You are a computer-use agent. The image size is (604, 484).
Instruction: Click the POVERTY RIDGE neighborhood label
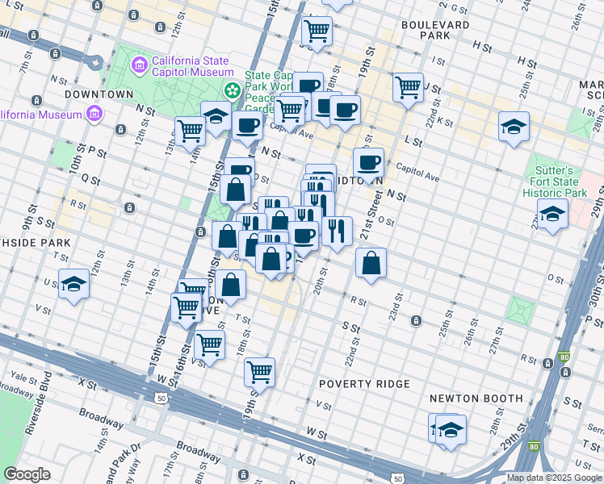click(364, 384)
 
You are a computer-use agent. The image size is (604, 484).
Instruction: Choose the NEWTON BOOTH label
click(476, 398)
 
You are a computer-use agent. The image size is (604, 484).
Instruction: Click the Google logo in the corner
click(27, 474)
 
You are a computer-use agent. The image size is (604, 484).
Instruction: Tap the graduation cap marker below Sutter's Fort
click(552, 214)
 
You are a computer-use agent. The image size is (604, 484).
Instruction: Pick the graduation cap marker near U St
click(73, 283)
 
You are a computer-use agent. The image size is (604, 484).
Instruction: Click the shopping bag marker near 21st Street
click(371, 262)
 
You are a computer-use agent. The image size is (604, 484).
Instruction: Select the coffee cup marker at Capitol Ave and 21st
click(368, 162)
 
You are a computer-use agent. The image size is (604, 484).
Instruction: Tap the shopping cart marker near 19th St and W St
click(260, 371)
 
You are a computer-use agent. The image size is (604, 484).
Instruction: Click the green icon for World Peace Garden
click(232, 89)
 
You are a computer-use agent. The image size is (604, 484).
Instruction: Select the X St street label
click(306, 458)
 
